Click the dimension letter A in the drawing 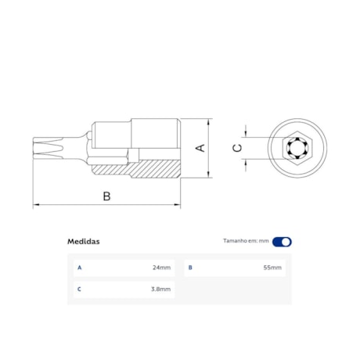coord(200,148)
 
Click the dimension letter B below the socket coord(106,196)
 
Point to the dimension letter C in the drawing coord(238,147)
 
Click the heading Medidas coord(83,242)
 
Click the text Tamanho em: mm coord(246,242)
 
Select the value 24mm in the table coord(161,268)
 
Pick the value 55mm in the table coord(272,268)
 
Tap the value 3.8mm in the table coord(161,289)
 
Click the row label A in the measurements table coord(79,268)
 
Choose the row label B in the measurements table coord(190,268)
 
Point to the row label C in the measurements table coord(79,289)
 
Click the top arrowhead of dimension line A coord(209,122)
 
